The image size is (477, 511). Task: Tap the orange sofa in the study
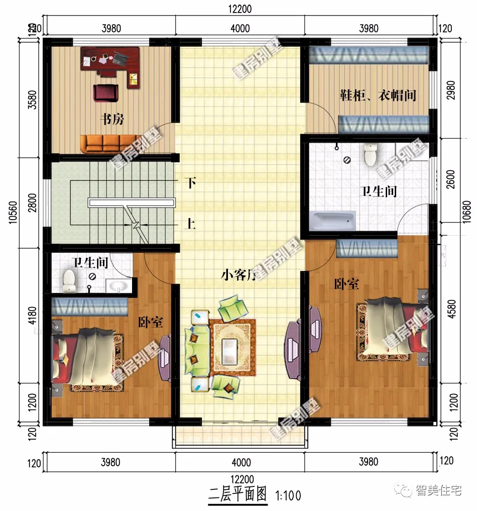(x=107, y=144)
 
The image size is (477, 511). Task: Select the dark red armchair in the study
(x=105, y=92)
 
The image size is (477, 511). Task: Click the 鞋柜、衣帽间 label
(x=378, y=95)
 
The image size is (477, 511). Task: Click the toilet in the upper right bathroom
(x=371, y=155)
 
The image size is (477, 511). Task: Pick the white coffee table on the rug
(x=231, y=347)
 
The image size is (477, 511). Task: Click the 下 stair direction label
(x=190, y=183)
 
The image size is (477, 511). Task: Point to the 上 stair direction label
(x=190, y=224)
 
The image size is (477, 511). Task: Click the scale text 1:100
(x=288, y=495)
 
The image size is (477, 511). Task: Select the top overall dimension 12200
(x=239, y=9)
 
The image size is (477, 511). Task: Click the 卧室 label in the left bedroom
(x=151, y=322)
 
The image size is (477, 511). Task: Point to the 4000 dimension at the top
(x=240, y=28)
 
